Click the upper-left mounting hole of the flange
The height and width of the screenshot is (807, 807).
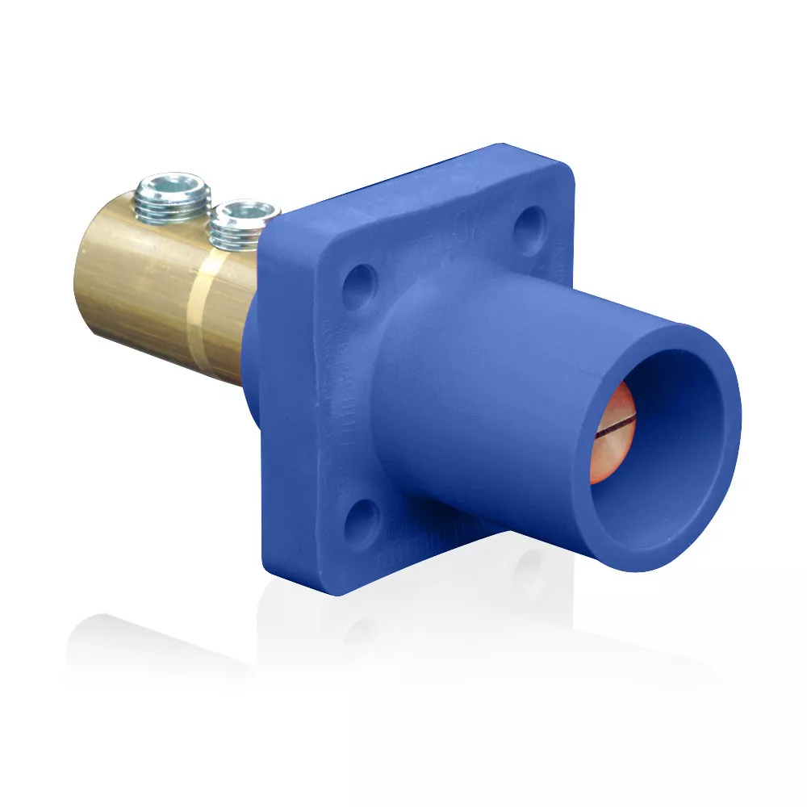pos(360,286)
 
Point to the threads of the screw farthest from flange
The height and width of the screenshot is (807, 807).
pos(172,211)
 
